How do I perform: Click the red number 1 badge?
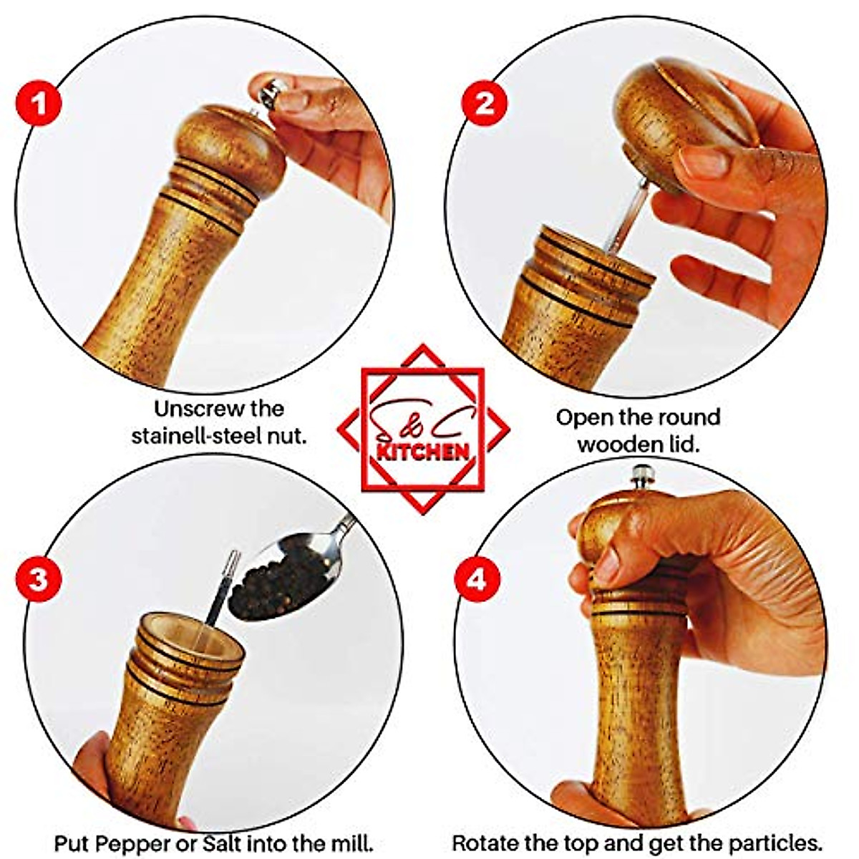(x=39, y=103)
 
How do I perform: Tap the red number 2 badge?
(x=485, y=103)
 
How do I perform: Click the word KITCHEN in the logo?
(x=423, y=450)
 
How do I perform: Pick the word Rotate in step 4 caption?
(x=485, y=843)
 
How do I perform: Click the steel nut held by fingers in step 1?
(x=271, y=93)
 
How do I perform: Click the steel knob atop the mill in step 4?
(x=642, y=477)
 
